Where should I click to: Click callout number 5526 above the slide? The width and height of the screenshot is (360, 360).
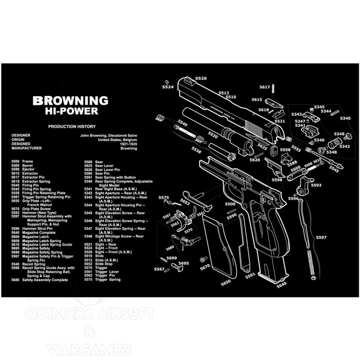pos(201,79)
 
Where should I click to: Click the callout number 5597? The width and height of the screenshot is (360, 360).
pos(321,237)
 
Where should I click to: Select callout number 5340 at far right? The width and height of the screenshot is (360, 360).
pos(345,118)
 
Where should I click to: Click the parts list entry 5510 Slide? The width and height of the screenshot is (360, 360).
pos(93,256)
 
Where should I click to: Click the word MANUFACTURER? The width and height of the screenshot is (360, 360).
pos(27,148)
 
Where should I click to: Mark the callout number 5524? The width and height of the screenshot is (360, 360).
pos(168,86)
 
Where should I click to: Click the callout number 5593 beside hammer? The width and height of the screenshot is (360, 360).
pos(316,185)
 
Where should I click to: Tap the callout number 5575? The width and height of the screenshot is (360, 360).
pos(164,198)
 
